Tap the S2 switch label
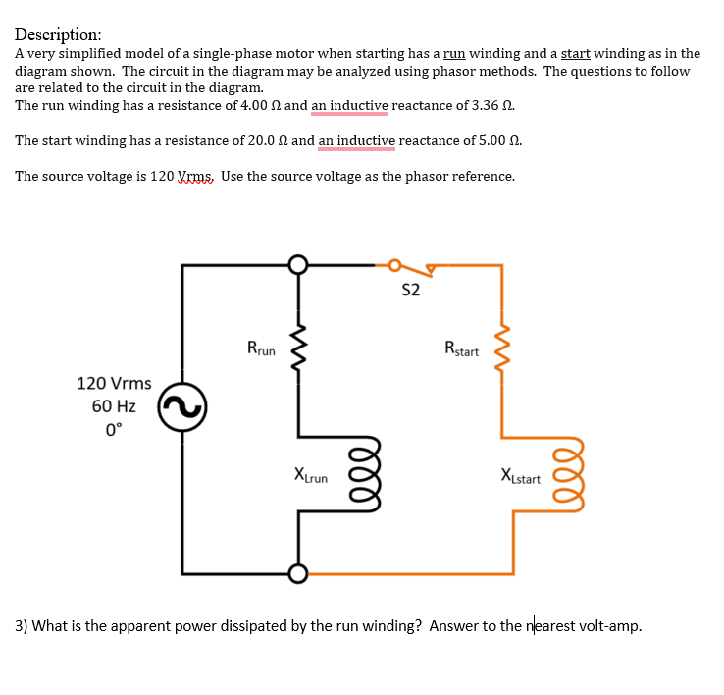[411, 291]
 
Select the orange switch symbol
[413, 266]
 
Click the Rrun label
[262, 347]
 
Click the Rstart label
[461, 347]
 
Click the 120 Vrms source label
[114, 383]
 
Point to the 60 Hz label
[114, 405]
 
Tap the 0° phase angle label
[114, 428]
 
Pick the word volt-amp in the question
[608, 626]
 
